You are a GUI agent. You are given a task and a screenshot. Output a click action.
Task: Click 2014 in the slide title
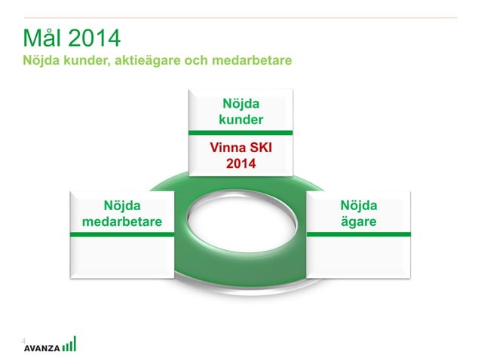point(93,38)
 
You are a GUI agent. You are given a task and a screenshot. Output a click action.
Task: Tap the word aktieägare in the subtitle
point(145,60)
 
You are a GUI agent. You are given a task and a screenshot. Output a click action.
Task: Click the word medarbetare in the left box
point(122,221)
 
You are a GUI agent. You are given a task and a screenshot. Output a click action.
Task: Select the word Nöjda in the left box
point(122,206)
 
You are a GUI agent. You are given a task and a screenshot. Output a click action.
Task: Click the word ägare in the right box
point(358,221)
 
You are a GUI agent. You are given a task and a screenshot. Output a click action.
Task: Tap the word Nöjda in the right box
point(358,206)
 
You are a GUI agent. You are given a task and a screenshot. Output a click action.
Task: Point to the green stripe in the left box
point(122,235)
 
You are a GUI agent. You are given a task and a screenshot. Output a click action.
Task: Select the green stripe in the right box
point(358,234)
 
